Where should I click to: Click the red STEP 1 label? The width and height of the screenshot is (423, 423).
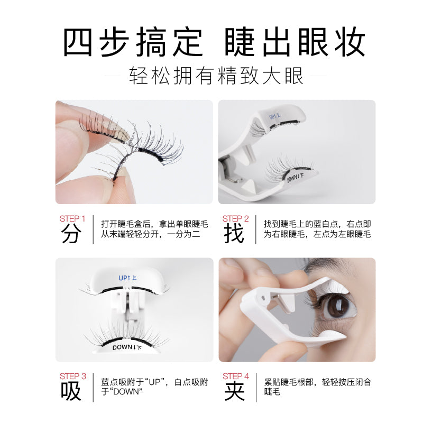point(72,218)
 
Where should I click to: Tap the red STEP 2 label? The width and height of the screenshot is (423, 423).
point(235,218)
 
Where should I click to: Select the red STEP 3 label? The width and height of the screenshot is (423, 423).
point(72,376)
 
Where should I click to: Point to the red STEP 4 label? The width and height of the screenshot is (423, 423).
point(235,376)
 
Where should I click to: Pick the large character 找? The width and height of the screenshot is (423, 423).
point(234,234)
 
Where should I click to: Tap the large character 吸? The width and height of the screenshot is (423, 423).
point(71,392)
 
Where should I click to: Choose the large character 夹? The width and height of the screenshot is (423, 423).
point(234,392)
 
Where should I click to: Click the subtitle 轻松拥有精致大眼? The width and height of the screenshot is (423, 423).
point(216,76)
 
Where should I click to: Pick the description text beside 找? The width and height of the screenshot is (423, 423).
point(317,229)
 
